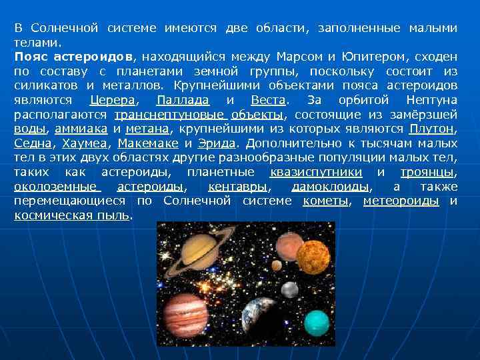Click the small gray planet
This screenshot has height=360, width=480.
tap(289, 290)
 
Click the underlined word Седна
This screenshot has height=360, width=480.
tap(33, 143)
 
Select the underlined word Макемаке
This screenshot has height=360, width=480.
tap(149, 143)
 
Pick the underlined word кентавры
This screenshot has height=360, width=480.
tap(238, 186)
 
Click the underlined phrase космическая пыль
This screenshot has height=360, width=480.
tap(72, 215)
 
